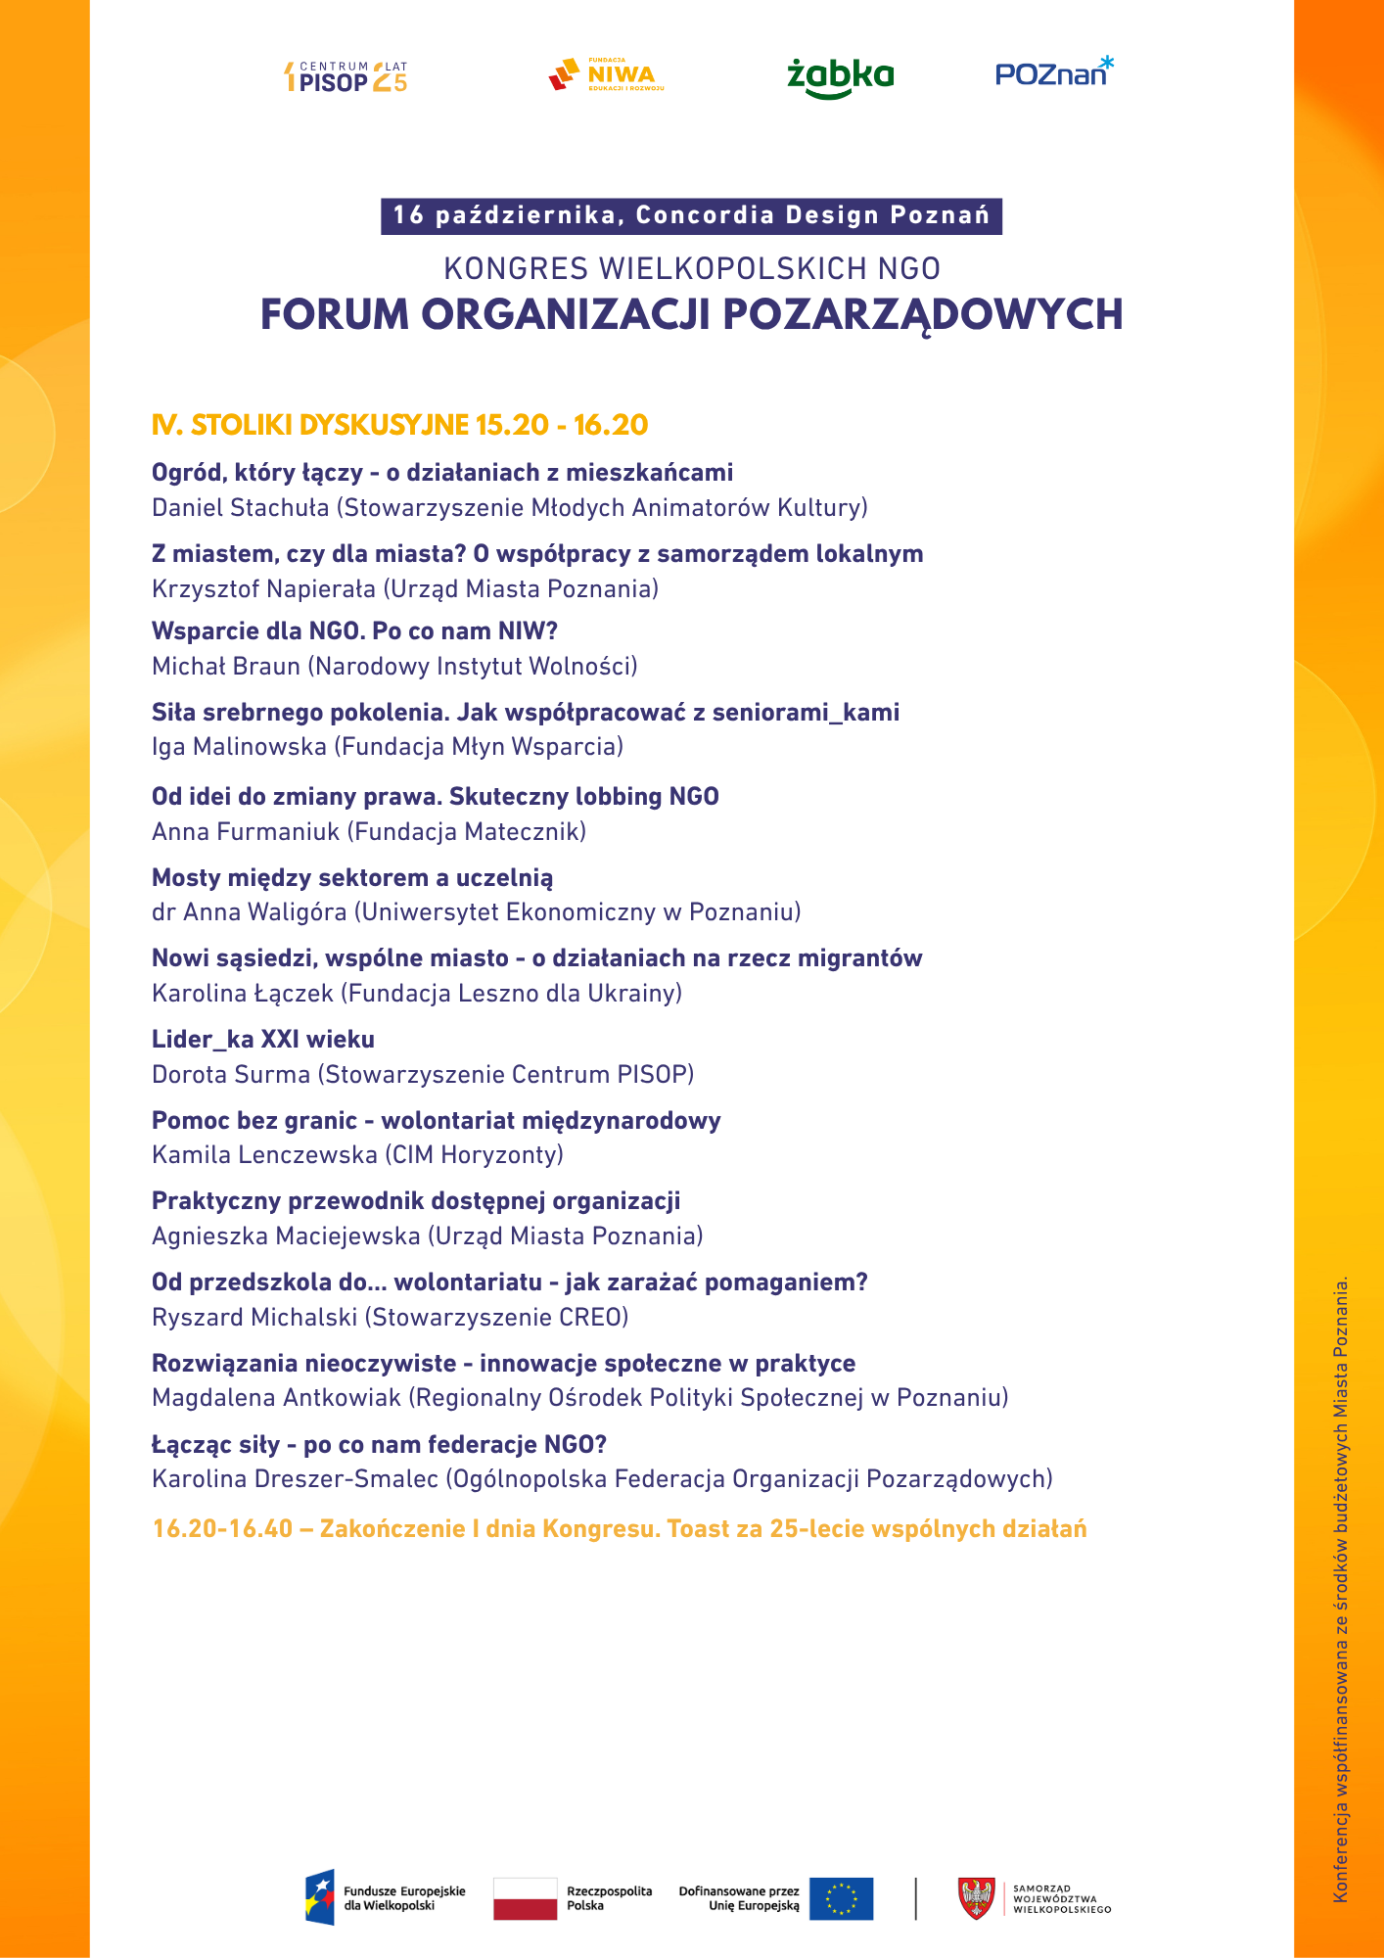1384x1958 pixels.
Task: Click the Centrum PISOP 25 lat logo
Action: tap(345, 77)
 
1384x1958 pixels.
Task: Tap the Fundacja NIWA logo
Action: tap(606, 74)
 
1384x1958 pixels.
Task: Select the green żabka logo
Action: tap(840, 77)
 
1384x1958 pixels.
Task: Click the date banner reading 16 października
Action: tap(691, 215)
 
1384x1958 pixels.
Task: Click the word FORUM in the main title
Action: tap(334, 315)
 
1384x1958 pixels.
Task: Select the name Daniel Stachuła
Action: tap(240, 507)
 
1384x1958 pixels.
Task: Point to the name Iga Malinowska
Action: tap(239, 747)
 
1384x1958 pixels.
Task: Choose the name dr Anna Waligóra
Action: tap(249, 912)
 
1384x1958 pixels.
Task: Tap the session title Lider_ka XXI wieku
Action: tap(262, 1040)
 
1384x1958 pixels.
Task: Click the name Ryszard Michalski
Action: tap(254, 1318)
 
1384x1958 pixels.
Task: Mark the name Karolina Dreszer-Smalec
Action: tap(295, 1479)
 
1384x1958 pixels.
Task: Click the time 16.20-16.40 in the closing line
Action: tap(222, 1529)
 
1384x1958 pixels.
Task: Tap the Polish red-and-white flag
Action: tap(525, 1898)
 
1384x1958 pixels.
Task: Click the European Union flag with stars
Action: tap(841, 1898)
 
